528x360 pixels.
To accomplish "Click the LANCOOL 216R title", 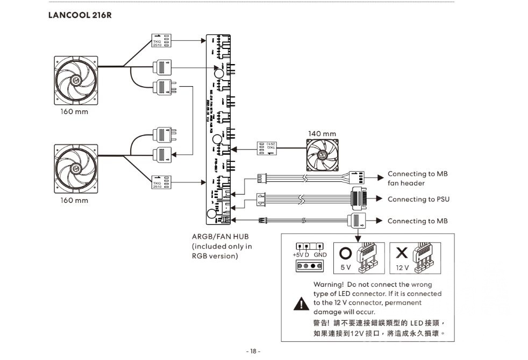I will pyautogui.click(x=80, y=15).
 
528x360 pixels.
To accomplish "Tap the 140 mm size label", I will pyautogui.click(x=322, y=133).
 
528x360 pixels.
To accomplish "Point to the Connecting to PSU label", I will pyautogui.click(x=418, y=199).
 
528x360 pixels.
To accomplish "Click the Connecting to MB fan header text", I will pyautogui.click(x=417, y=179).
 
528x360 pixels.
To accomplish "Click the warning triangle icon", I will pyautogui.click(x=299, y=303).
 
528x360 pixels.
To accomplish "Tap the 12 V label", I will pyautogui.click(x=402, y=267).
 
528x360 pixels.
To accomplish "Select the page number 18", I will pyautogui.click(x=253, y=351).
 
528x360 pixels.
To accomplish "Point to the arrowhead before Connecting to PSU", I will pyautogui.click(x=379, y=199).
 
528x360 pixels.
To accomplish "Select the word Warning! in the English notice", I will pyautogui.click(x=328, y=284).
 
